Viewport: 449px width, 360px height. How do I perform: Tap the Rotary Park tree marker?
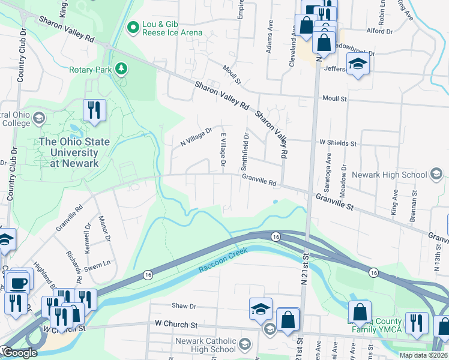pos(122,70)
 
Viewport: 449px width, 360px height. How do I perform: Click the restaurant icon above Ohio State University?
pos(94,110)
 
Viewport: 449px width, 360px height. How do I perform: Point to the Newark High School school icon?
pos(437,175)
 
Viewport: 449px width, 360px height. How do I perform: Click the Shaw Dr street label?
pos(184,306)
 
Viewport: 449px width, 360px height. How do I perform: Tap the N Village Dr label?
pos(197,137)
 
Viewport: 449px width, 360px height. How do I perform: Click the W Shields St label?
pos(338,143)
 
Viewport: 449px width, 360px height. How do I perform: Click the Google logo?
pos(19,353)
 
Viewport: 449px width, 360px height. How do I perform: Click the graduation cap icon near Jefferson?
pos(358,65)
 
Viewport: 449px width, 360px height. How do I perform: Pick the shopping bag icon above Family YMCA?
pos(360,311)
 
